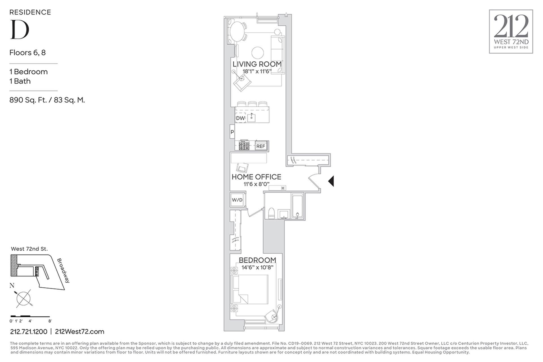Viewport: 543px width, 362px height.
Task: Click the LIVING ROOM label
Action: (257, 64)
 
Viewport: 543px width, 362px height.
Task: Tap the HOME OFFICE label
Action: (256, 177)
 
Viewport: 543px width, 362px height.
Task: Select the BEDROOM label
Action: (257, 260)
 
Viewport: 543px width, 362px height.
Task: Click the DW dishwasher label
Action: (240, 118)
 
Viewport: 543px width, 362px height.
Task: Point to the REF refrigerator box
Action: (261, 146)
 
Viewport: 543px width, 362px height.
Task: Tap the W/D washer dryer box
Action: (237, 200)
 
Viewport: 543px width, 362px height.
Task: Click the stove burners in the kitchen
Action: (244, 146)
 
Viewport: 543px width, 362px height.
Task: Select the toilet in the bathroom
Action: (271, 213)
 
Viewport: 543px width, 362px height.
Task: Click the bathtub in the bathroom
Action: (297, 206)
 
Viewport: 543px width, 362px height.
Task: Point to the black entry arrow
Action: (331, 181)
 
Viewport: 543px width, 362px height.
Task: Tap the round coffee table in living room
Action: (258, 53)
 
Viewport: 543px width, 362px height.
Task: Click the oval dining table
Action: (238, 31)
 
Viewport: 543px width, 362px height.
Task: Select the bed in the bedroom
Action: (250, 289)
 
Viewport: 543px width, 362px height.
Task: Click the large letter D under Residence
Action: (20, 29)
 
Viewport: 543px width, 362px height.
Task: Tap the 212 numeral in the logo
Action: (511, 26)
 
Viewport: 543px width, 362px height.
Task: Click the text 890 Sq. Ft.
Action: (28, 100)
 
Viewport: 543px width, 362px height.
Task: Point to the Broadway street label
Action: (63, 270)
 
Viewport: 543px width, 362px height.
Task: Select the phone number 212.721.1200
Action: (29, 331)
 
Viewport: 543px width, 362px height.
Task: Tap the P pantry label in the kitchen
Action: (232, 132)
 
